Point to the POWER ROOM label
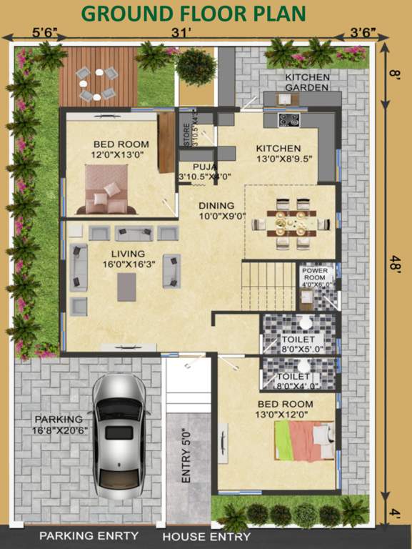point(314,277)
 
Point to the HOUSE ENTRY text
point(207,536)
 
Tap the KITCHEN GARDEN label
point(307,82)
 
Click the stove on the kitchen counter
point(288,119)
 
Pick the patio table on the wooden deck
point(97,84)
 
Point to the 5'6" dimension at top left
point(44,33)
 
